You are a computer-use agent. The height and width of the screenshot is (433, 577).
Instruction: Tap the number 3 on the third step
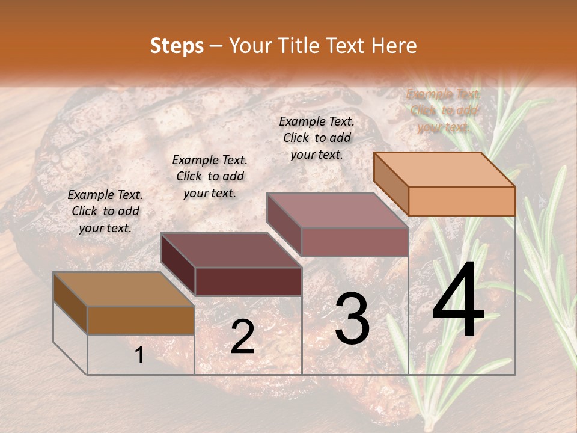coord(352,319)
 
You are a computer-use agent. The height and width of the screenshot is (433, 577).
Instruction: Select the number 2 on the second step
coord(242,337)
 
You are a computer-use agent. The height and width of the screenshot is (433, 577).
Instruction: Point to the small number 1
coord(139,355)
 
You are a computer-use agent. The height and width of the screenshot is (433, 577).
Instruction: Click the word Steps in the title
coord(177,46)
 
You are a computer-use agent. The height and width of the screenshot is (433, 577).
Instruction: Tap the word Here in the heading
coord(394,46)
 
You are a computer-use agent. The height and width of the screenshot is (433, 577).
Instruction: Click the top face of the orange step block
coord(445,169)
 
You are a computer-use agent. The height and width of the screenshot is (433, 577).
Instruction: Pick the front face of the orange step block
coord(462,201)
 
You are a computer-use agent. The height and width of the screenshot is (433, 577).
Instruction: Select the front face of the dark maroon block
coord(248,281)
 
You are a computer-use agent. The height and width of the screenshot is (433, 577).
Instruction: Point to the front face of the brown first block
coord(141,320)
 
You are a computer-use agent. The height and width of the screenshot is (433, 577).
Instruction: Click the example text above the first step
coord(105,211)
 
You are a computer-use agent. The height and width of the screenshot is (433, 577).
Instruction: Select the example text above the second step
coord(210,176)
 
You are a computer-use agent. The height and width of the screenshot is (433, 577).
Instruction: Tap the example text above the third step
coord(317,138)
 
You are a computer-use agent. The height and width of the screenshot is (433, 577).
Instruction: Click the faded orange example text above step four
coord(444,110)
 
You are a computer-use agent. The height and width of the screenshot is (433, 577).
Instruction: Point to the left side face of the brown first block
coord(70,303)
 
